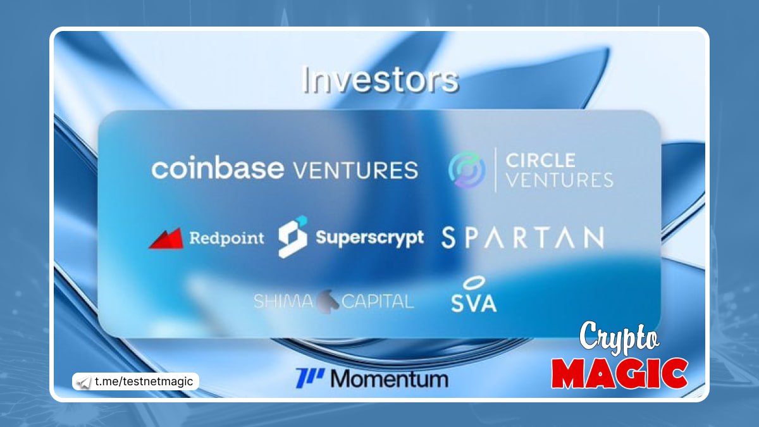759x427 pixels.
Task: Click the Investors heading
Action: point(380,80)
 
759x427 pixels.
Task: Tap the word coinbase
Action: point(218,168)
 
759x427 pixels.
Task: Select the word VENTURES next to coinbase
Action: point(355,170)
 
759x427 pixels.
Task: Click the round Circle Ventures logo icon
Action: point(467,170)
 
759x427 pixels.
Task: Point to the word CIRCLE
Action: point(540,160)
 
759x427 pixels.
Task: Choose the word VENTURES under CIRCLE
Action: point(560,180)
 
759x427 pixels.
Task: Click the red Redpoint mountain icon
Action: point(166,238)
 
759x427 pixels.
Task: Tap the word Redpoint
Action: point(226,238)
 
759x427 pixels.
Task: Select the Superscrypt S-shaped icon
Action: point(293,237)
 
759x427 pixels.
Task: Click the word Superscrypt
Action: point(369,238)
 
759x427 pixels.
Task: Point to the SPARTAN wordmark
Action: point(522,238)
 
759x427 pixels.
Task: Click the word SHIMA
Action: point(283,301)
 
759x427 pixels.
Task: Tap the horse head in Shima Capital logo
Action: point(328,301)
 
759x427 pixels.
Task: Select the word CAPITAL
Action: point(378,301)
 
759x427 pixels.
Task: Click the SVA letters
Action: point(474,302)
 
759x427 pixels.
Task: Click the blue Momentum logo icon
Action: point(310,378)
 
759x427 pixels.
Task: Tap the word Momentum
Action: point(390,378)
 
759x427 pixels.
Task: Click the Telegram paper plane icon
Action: point(83,382)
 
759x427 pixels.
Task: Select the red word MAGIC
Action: point(619,373)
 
